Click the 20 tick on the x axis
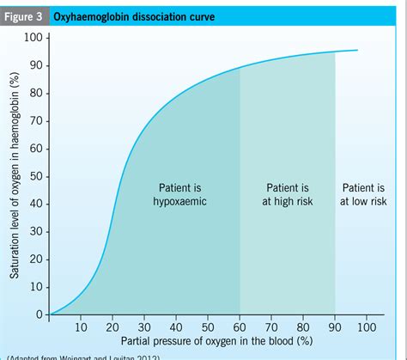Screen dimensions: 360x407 coord(113,327)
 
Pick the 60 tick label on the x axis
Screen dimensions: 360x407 coord(240,327)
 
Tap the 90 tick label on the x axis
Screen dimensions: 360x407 coord(335,327)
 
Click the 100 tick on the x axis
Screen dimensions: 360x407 coord(367,327)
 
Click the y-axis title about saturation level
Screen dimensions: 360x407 coord(15,176)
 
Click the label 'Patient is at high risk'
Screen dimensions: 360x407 coord(288,194)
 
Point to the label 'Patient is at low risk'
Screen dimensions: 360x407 coord(364,194)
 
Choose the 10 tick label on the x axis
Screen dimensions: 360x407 coord(82,327)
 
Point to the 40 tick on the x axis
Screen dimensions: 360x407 coord(176,327)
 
